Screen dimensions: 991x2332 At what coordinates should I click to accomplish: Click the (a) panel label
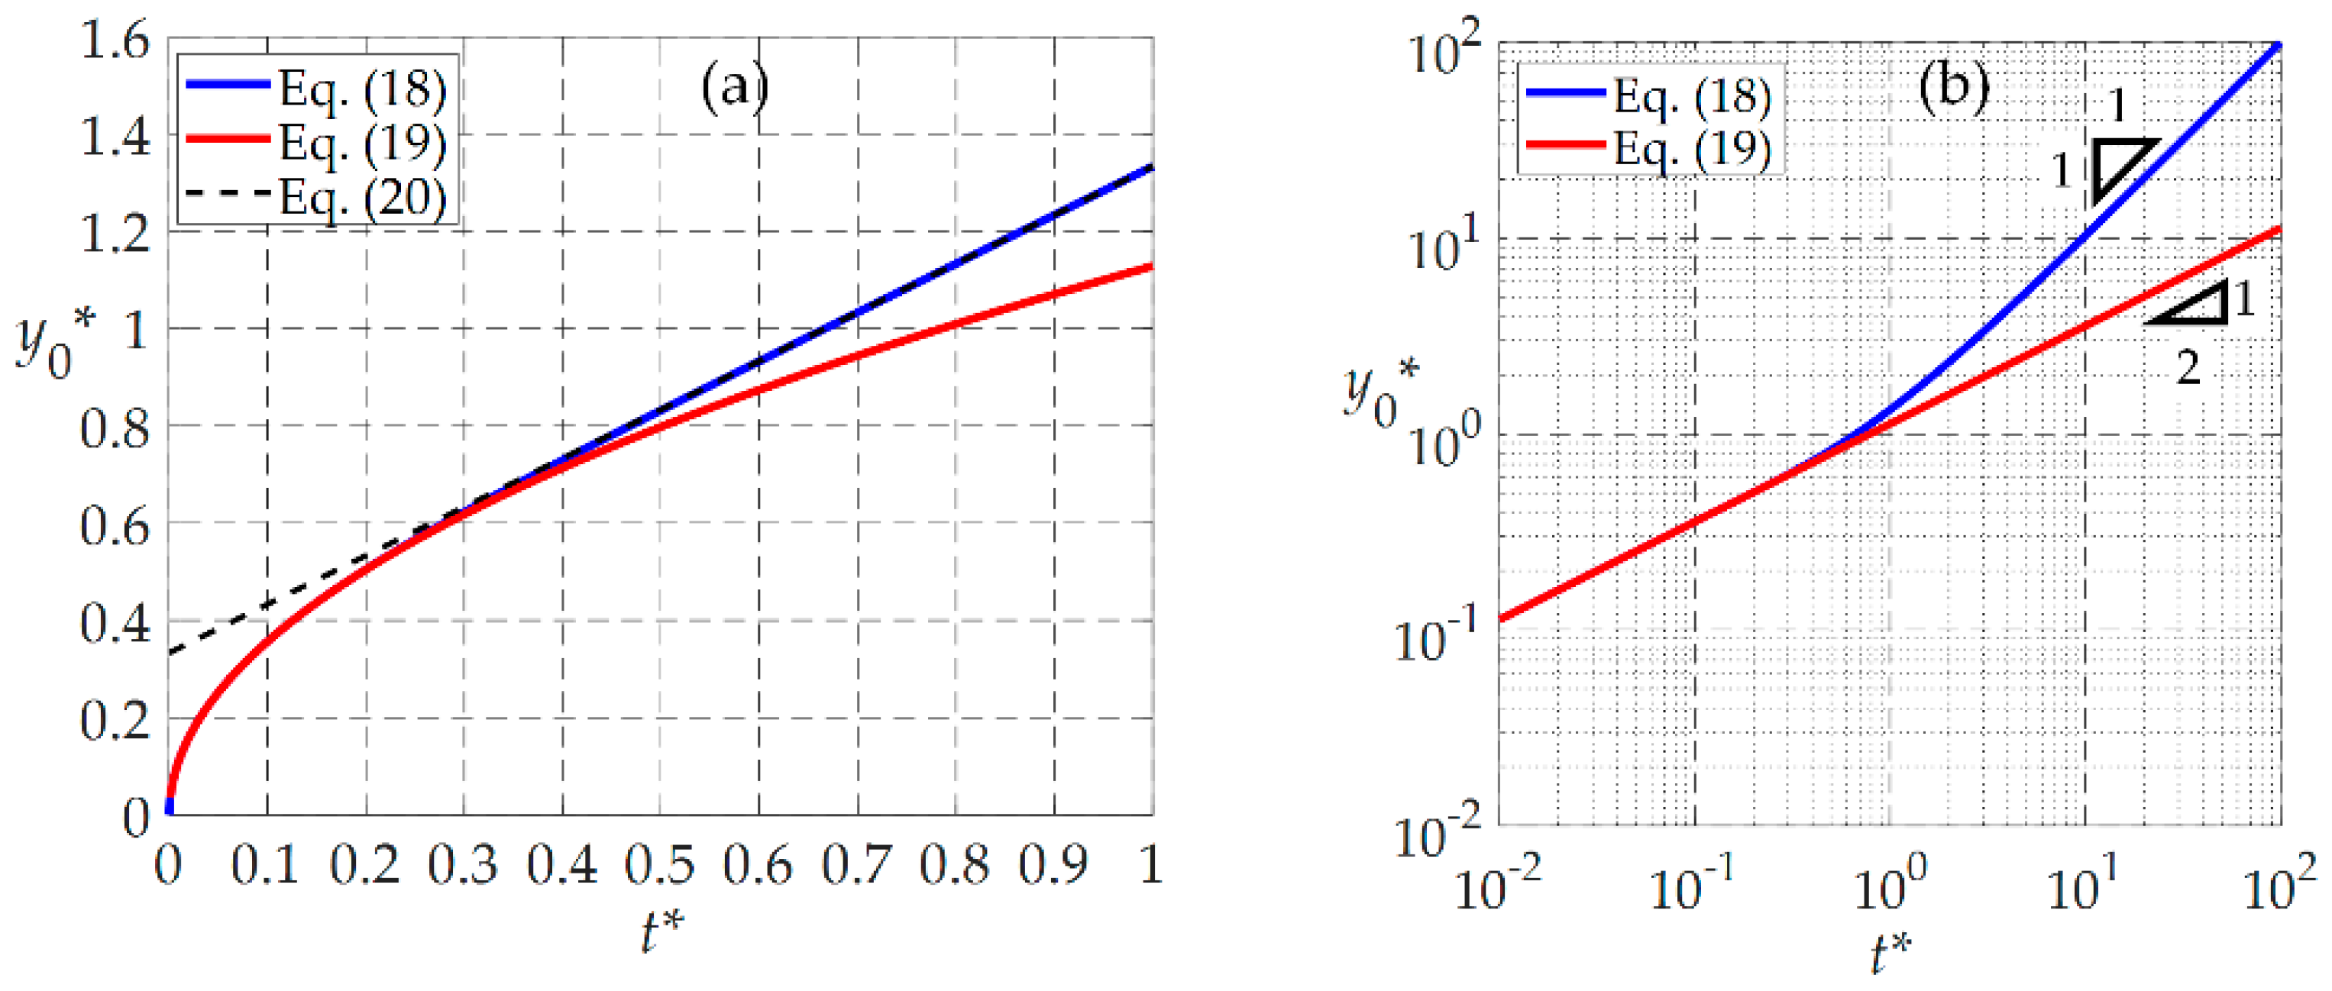pos(734,87)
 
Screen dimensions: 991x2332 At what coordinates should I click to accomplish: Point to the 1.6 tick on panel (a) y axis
pos(115,40)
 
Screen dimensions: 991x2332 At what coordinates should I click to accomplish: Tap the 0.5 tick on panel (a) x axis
pos(660,865)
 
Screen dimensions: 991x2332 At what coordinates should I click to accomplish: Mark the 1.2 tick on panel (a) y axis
pos(115,234)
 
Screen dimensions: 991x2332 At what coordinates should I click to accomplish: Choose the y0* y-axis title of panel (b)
pos(1379,391)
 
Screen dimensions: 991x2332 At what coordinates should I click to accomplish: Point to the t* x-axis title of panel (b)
pos(1891,953)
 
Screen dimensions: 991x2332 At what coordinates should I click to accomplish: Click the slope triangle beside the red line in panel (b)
pos(2195,304)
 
